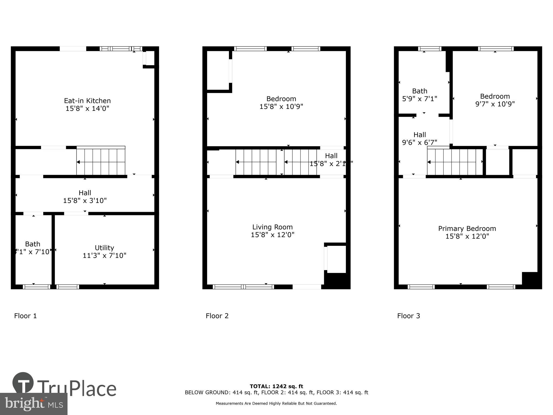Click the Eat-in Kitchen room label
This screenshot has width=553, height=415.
87,101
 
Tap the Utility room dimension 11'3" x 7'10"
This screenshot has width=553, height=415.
104,256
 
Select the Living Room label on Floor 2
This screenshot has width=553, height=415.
272,227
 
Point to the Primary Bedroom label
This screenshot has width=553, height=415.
467,229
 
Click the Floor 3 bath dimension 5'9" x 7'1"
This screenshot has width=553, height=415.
419,99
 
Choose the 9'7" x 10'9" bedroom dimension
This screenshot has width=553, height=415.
495,104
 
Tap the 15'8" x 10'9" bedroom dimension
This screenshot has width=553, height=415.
281,106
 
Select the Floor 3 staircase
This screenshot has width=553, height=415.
455,162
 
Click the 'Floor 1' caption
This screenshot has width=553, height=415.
25,316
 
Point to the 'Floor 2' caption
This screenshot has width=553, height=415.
217,316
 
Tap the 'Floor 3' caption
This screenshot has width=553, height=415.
408,316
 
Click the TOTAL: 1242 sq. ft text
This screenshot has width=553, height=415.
276,386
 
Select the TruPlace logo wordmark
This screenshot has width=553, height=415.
77,389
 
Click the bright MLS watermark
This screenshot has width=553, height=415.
33,404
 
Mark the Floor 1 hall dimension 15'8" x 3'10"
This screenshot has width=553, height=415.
85,201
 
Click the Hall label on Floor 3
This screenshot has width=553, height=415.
419,135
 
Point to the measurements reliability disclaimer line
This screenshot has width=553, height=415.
276,403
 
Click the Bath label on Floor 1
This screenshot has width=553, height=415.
33,244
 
